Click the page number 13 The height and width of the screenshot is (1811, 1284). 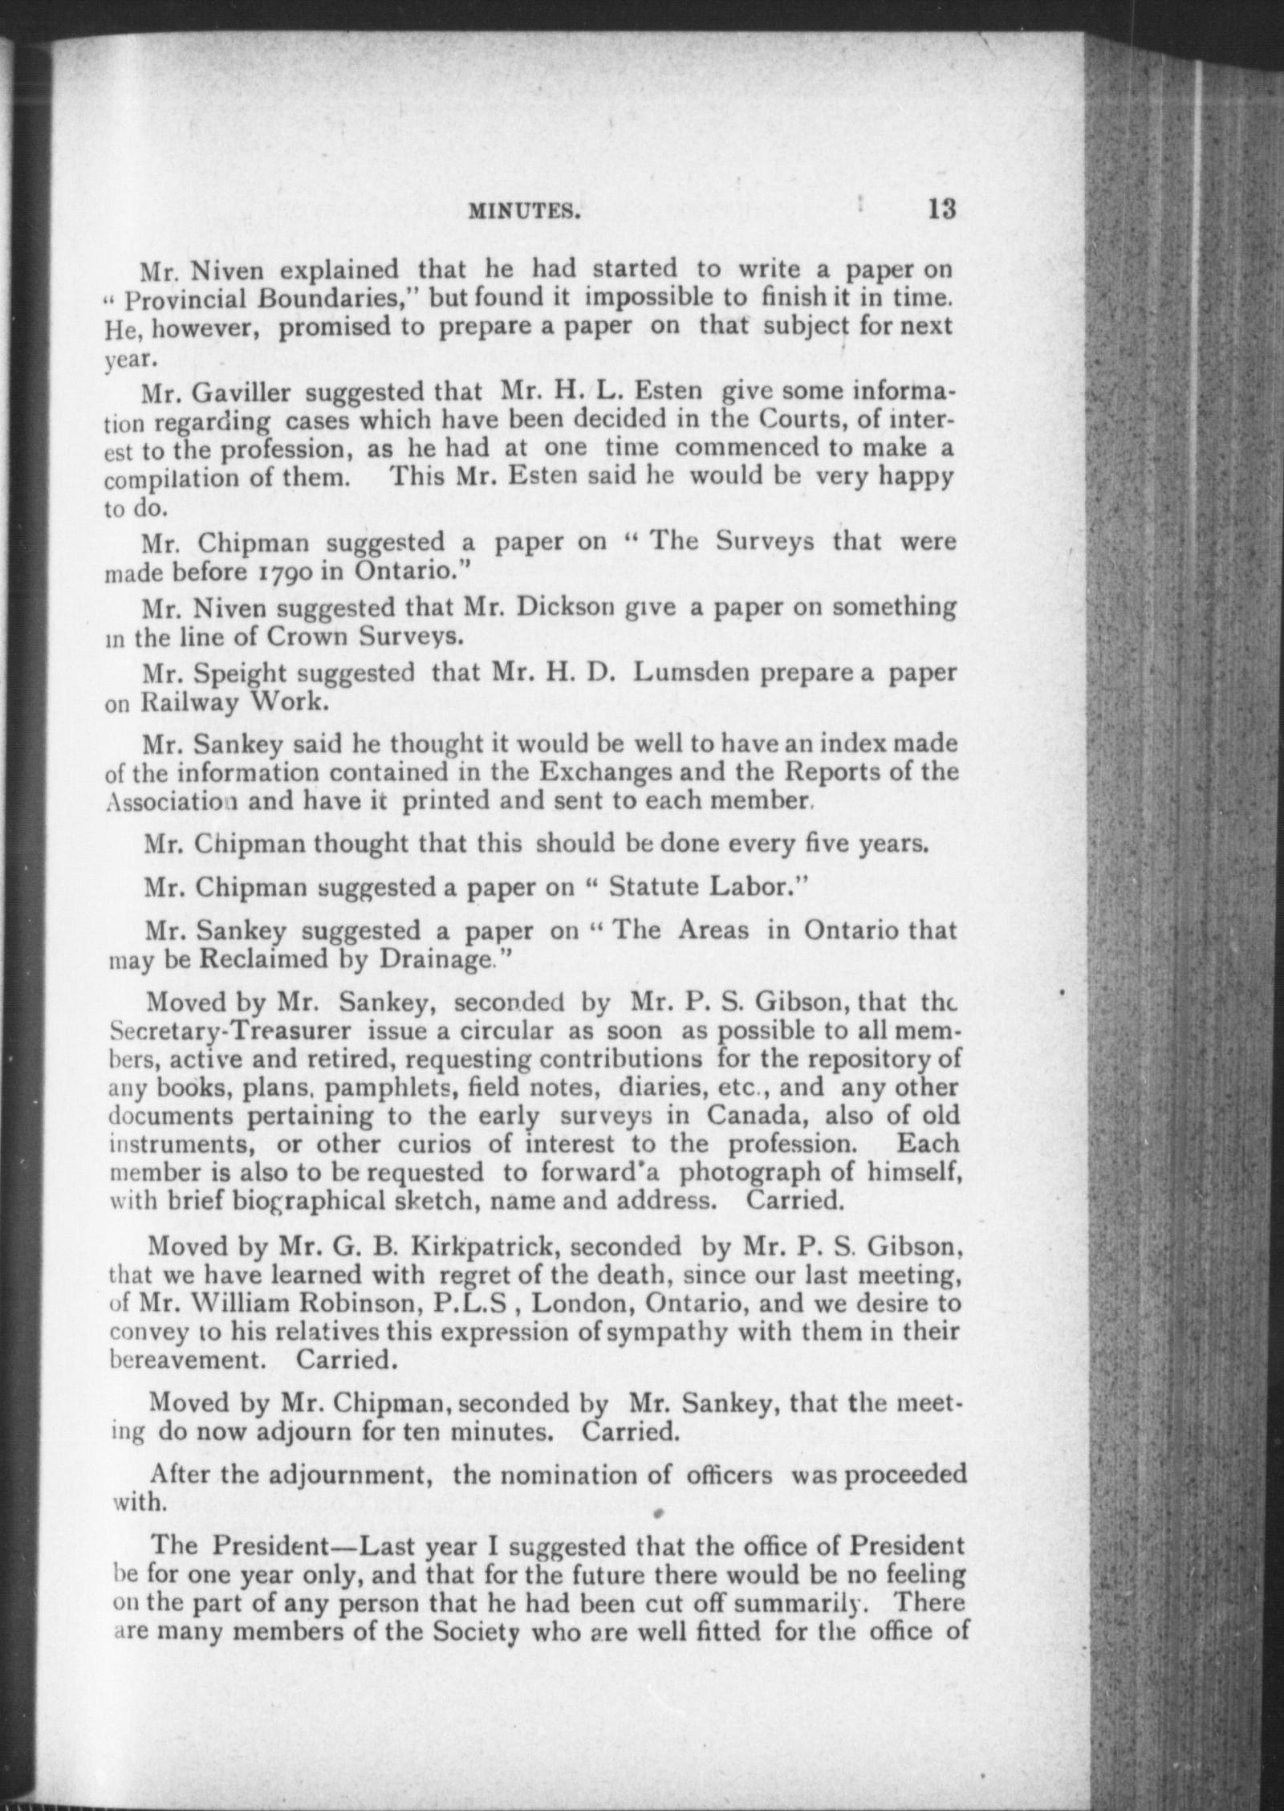[x=941, y=210]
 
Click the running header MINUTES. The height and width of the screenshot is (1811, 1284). [x=524, y=211]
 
